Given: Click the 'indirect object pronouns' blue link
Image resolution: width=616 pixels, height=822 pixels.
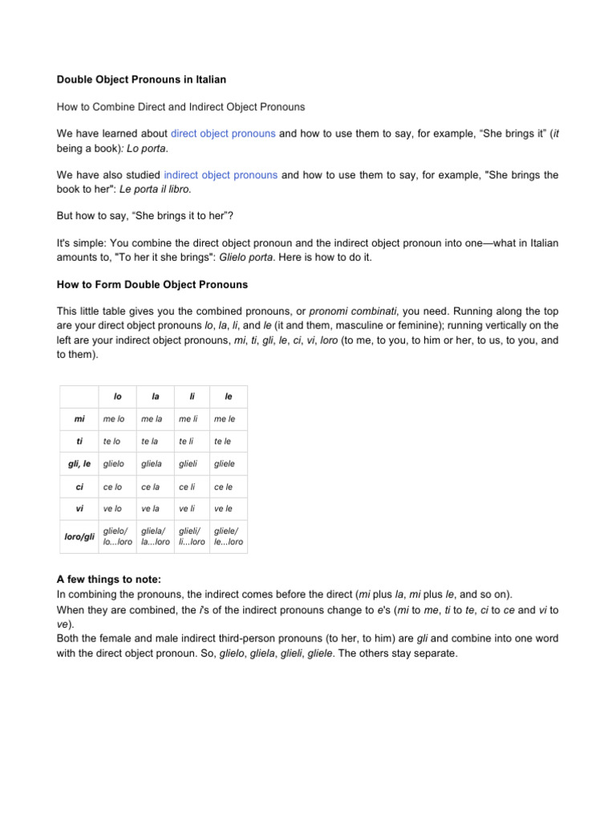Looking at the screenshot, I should (x=221, y=174).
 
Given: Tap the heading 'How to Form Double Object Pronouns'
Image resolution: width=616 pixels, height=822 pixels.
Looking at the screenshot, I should (x=152, y=284).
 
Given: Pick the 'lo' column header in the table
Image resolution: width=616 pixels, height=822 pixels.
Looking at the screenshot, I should (x=118, y=397).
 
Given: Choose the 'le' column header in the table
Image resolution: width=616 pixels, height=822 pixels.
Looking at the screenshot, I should (x=229, y=397).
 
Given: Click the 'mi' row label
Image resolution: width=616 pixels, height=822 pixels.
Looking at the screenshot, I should (x=79, y=418).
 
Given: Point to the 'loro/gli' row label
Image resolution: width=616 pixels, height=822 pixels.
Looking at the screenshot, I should (x=79, y=535).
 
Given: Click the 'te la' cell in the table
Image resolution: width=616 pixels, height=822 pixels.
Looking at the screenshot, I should (x=150, y=442).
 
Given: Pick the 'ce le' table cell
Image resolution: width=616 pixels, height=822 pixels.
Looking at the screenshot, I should (x=225, y=486).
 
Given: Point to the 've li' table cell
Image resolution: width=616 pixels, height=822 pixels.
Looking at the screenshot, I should (x=188, y=509).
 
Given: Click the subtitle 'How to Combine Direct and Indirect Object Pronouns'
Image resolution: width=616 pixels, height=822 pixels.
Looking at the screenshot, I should (x=180, y=107).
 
